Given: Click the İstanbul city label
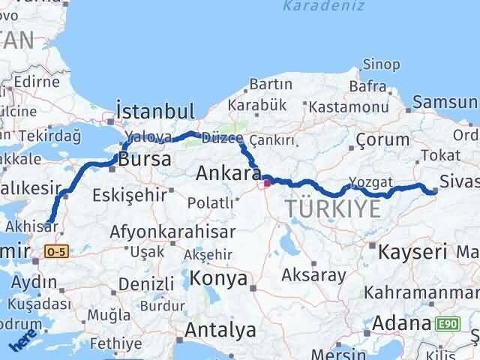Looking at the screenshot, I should point(156,110).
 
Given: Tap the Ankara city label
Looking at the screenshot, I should point(223,173).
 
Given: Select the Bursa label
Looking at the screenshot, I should point(145,159).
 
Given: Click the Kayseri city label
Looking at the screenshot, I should point(412,250).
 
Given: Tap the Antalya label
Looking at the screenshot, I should point(220,329).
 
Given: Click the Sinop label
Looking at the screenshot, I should point(381,64).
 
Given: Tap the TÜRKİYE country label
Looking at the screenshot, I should point(333,210).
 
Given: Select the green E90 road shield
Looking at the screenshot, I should point(448,324).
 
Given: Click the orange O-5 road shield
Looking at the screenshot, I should point(55,253).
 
